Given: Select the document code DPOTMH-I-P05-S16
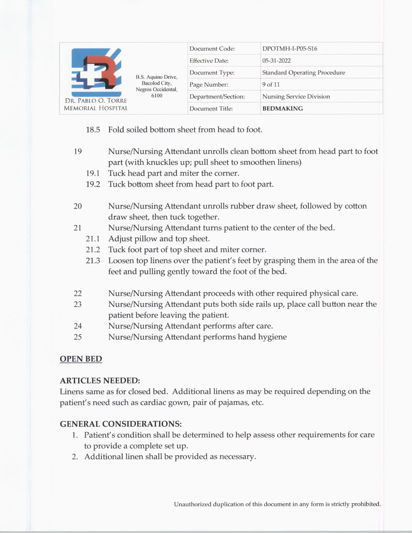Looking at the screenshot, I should [x=290, y=49].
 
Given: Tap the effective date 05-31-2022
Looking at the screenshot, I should [x=276, y=61].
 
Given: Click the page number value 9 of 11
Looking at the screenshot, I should [x=271, y=85].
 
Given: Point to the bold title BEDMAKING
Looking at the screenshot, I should [x=282, y=109].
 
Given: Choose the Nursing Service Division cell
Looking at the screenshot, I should [x=296, y=97].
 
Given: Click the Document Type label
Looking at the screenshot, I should [x=212, y=73].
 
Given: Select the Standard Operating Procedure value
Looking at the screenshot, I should [x=303, y=73].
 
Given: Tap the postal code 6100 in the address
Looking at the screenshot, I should [x=157, y=96].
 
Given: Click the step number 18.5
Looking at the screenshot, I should [x=93, y=130].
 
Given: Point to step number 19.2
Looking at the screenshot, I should [x=93, y=184].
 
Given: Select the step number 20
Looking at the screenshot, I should [x=78, y=206].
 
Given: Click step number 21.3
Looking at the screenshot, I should [x=93, y=261].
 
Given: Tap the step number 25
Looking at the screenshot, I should [x=78, y=337].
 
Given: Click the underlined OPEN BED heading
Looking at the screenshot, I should [x=81, y=359].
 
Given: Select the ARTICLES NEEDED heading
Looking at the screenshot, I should [x=100, y=381].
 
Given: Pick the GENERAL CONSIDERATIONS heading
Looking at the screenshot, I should [x=121, y=424].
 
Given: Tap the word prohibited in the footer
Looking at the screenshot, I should [x=366, y=504].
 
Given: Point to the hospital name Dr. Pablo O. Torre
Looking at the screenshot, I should [x=96, y=101].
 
